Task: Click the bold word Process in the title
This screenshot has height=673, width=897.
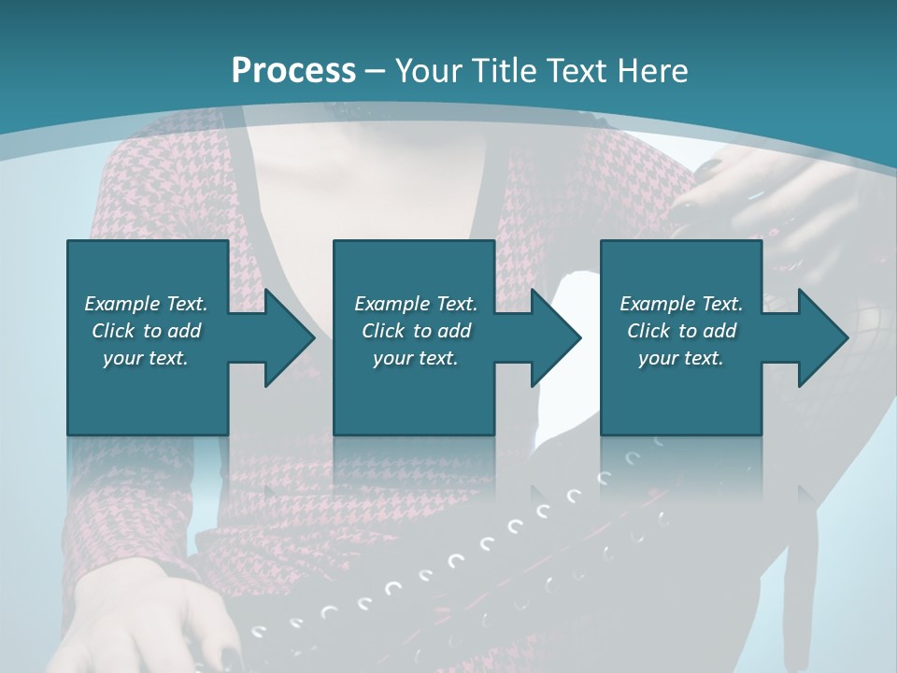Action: pyautogui.click(x=293, y=71)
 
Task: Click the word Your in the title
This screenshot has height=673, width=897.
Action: pyautogui.click(x=426, y=71)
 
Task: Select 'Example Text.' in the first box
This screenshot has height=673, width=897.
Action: pyautogui.click(x=146, y=304)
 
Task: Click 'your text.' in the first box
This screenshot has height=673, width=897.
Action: pyautogui.click(x=146, y=358)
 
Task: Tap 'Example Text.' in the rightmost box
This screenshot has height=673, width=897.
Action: pyautogui.click(x=681, y=304)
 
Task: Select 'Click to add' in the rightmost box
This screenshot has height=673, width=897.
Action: pyautogui.click(x=681, y=331)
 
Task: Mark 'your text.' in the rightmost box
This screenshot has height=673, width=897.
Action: pyautogui.click(x=681, y=358)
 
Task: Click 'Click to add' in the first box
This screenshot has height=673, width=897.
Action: pyautogui.click(x=146, y=331)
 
